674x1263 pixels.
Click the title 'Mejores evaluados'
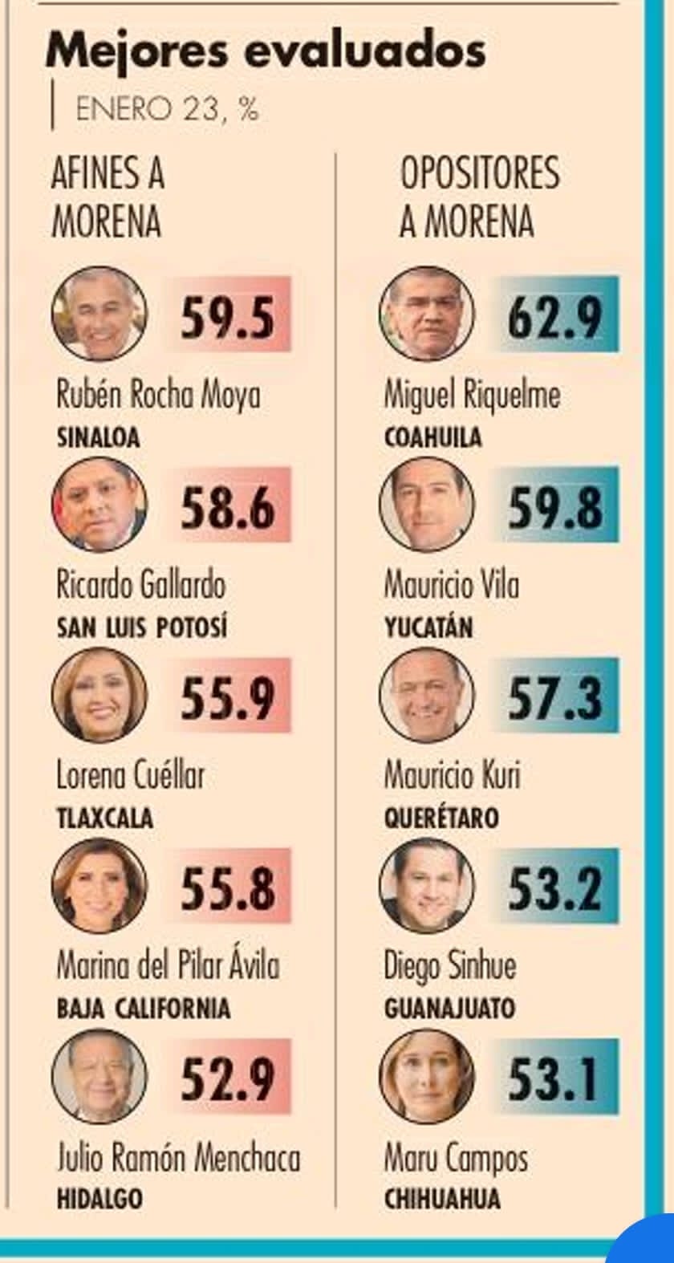(x=265, y=51)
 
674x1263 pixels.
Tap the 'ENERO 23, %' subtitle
(x=167, y=109)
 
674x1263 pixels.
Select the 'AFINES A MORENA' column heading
(x=108, y=197)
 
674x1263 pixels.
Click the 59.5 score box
(x=227, y=316)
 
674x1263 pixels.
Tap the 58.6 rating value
(x=227, y=507)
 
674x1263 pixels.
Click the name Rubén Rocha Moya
(x=158, y=396)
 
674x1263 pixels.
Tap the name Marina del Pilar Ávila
(x=168, y=965)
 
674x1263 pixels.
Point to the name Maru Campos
(x=456, y=1158)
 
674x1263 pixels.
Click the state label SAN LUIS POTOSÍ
(x=141, y=627)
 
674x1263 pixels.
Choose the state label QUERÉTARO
(x=441, y=818)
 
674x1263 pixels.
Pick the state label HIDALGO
(x=99, y=1199)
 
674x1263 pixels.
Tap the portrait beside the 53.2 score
(x=426, y=887)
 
